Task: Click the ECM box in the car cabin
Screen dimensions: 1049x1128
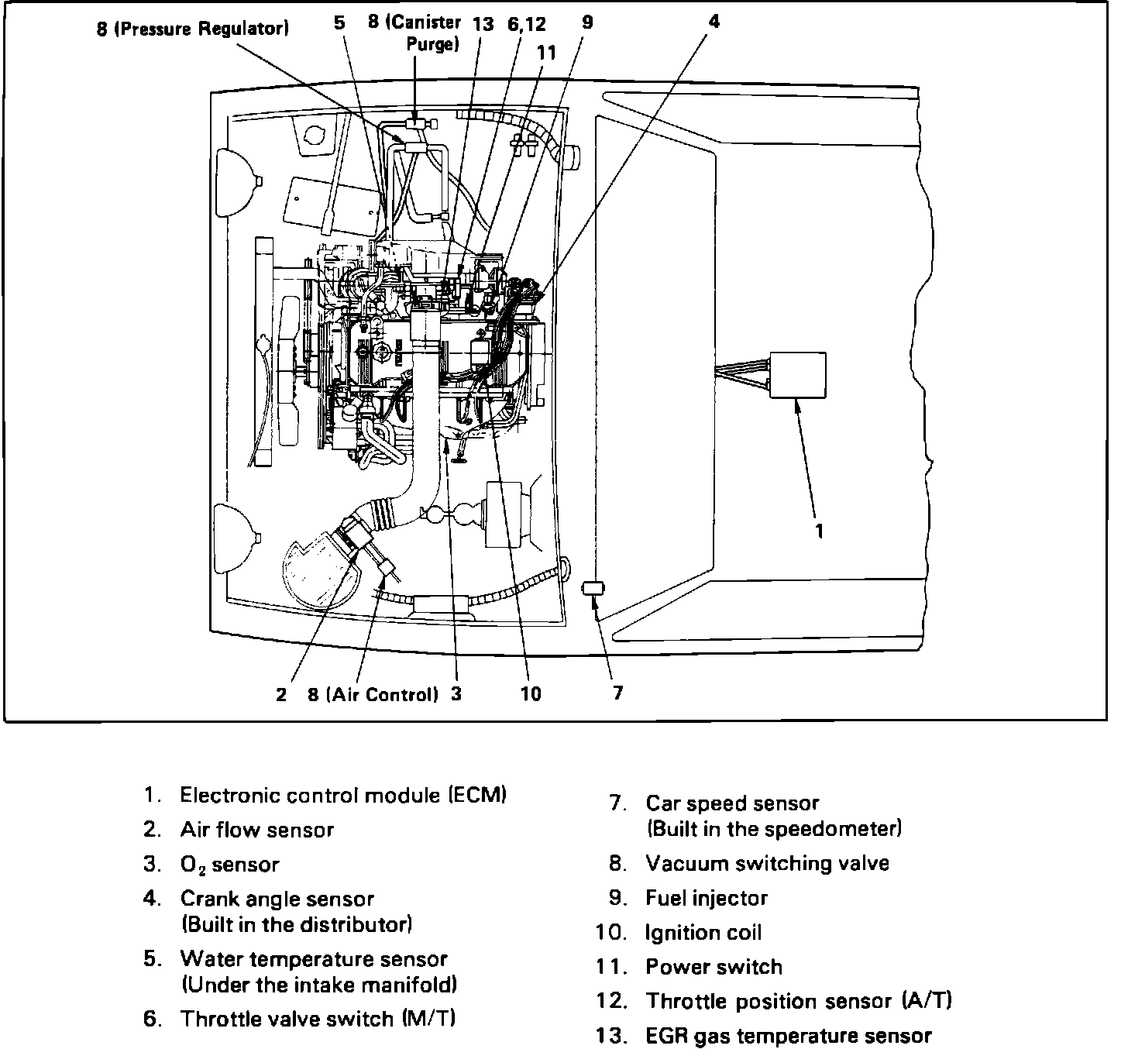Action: pyautogui.click(x=797, y=375)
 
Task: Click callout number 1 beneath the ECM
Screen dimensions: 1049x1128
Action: pyautogui.click(x=820, y=531)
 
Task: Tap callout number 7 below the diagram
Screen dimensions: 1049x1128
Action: pyautogui.click(x=617, y=693)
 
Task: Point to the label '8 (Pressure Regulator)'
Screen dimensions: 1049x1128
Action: pyautogui.click(x=193, y=29)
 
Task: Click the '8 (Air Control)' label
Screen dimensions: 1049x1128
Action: pyautogui.click(x=373, y=695)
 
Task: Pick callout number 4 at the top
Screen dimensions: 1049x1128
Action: pyautogui.click(x=714, y=22)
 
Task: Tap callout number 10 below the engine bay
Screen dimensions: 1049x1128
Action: pyautogui.click(x=531, y=694)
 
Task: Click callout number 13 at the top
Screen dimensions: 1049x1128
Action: pyautogui.click(x=483, y=24)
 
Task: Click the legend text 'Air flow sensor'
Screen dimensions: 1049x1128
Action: pyautogui.click(x=256, y=830)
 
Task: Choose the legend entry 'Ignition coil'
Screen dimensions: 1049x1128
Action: pyautogui.click(x=703, y=933)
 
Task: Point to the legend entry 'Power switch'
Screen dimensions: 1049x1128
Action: pyautogui.click(x=714, y=967)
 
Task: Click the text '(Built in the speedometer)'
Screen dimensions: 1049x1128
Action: pyautogui.click(x=774, y=830)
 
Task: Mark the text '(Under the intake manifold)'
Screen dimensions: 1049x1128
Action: pyautogui.click(x=318, y=985)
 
